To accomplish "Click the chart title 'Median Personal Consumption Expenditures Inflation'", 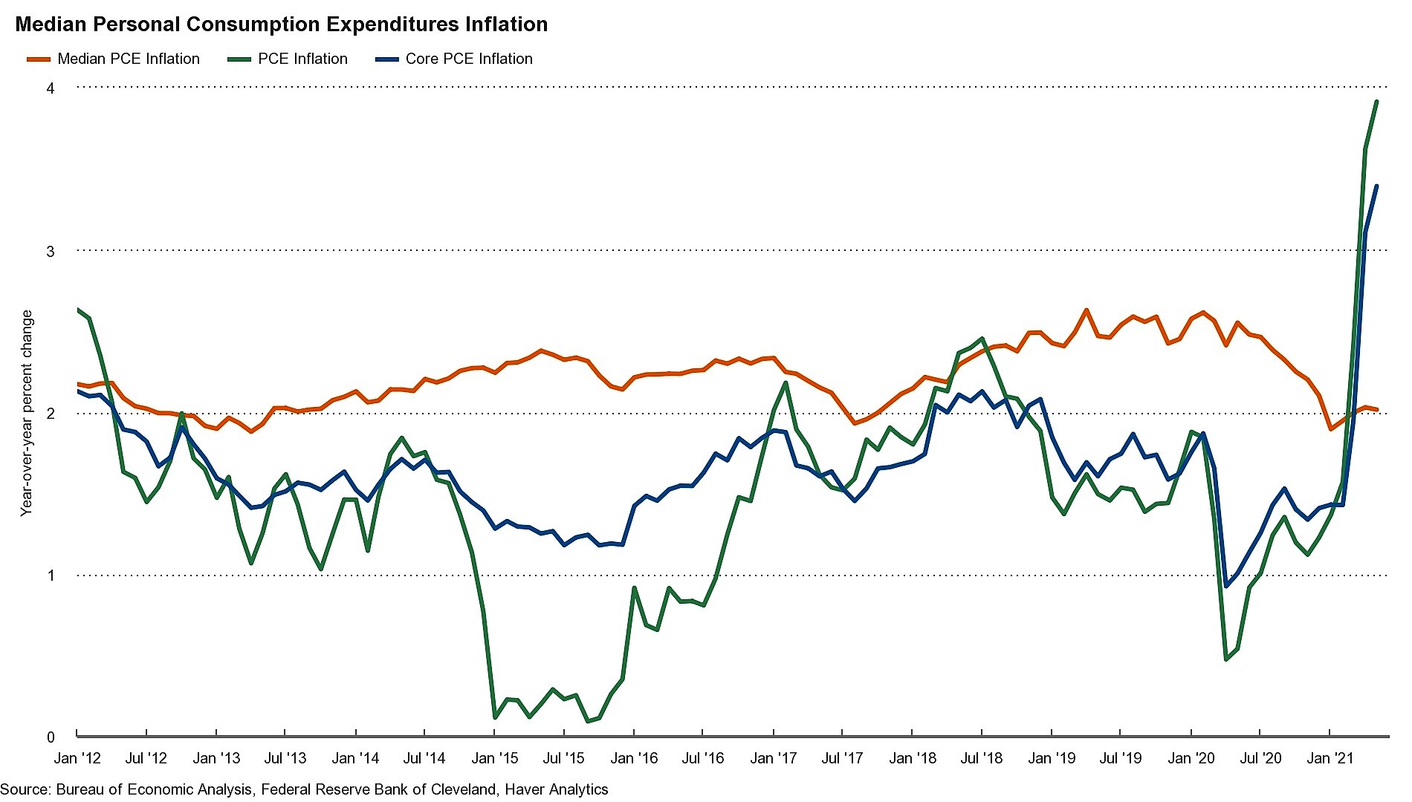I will (282, 25).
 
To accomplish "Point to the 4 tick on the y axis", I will (51, 88).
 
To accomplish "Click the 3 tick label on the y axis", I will (51, 251).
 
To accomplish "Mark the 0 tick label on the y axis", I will (51, 737).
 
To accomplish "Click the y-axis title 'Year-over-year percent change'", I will (27, 413).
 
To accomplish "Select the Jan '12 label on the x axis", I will (77, 758).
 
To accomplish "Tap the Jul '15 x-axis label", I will (564, 758).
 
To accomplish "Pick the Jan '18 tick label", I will (913, 758).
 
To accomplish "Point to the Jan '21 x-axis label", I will (1330, 758).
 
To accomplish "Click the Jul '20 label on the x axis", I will (1261, 758).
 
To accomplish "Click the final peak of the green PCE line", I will (1376, 102).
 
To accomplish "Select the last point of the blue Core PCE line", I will (1376, 186).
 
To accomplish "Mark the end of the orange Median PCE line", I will (1377, 409).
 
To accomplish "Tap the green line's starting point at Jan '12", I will (78, 309).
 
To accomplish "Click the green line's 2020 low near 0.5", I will (1226, 659).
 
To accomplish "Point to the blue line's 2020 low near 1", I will (1226, 586).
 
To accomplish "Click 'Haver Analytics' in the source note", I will (557, 789).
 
